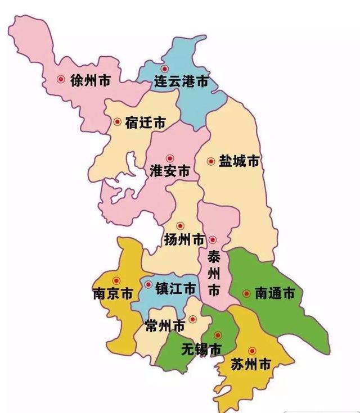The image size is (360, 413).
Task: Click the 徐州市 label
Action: point(90,80)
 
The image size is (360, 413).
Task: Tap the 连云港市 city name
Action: point(181,83)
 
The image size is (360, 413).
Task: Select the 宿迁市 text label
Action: point(145,122)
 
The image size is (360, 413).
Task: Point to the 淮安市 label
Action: point(170,172)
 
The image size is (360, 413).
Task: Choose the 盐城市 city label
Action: point(239,161)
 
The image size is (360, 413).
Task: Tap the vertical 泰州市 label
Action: point(214,274)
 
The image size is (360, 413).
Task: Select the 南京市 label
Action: point(112,294)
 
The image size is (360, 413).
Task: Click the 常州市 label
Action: point(164,326)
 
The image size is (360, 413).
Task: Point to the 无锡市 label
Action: point(201,350)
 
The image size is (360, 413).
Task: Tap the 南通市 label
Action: point(274,293)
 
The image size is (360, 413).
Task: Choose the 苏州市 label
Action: point(251,365)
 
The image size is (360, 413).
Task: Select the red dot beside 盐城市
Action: point(211,161)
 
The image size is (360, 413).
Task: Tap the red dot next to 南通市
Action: point(246,293)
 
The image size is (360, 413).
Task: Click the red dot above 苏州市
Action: point(252,350)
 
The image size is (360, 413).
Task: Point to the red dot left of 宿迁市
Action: point(117,121)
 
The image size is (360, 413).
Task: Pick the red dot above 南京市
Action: point(116,281)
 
